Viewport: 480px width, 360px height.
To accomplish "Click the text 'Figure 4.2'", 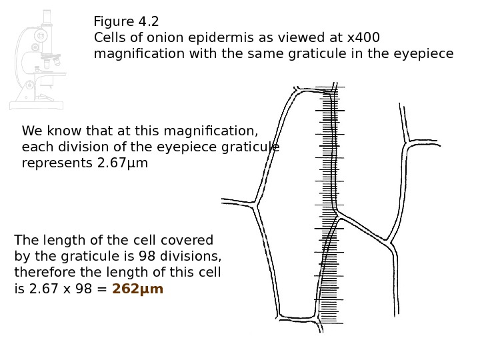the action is pyautogui.click(x=127, y=21).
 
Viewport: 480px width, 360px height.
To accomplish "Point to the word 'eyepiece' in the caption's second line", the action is pyautogui.click(x=426, y=53).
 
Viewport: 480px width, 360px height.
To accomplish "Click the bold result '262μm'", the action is pyautogui.click(x=137, y=289).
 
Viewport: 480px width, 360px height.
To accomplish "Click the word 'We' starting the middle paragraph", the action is pyautogui.click(x=31, y=130).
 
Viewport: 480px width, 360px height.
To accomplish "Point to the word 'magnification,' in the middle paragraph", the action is pyautogui.click(x=214, y=130).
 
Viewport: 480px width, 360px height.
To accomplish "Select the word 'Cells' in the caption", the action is pyautogui.click(x=110, y=37).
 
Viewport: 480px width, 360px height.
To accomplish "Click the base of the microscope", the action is pyautogui.click(x=36, y=105).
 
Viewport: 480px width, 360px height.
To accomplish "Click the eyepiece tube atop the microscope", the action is pyautogui.click(x=47, y=17).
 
